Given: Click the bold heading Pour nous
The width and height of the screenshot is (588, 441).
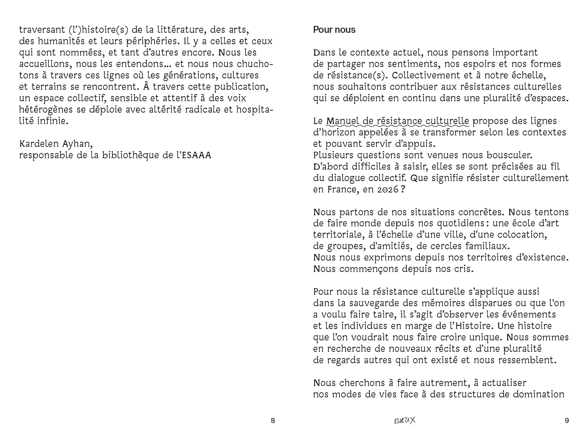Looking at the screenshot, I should pos(334,30).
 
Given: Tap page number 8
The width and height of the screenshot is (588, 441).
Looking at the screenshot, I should pos(273,421).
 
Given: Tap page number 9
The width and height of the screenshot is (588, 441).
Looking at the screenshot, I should pos(566,421).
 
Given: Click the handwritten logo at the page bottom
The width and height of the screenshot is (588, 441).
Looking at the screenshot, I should pos(404,421).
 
